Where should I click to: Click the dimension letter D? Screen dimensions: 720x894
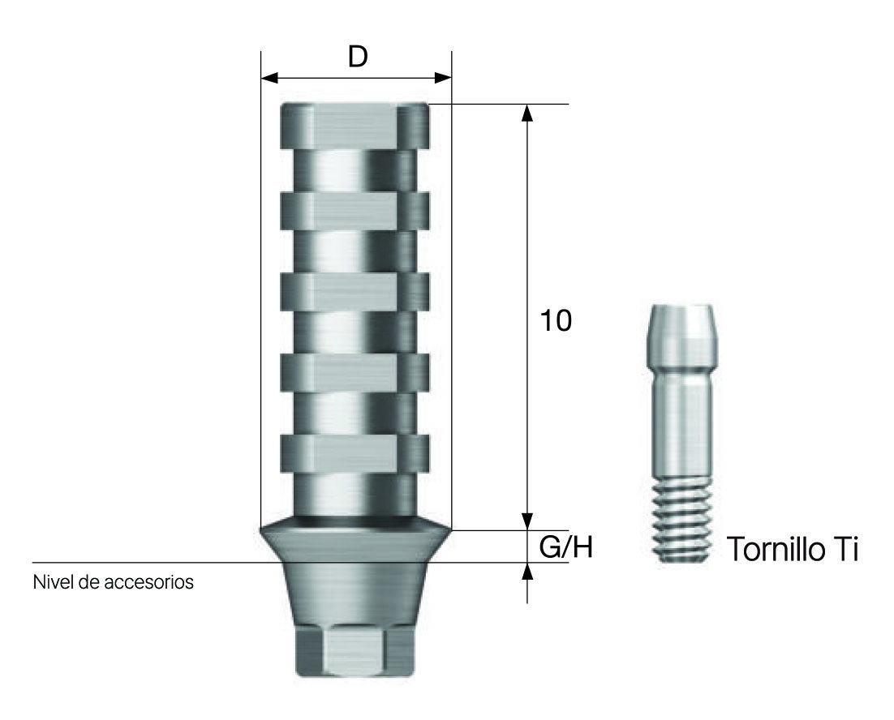[357, 57]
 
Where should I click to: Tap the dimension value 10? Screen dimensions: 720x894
[557, 321]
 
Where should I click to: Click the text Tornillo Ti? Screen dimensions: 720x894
[793, 550]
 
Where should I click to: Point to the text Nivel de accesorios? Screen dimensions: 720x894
[114, 582]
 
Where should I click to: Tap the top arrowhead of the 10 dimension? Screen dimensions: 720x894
[527, 114]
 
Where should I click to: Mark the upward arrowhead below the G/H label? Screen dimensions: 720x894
[527, 572]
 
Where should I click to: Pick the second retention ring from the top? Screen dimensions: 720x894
[355, 209]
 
